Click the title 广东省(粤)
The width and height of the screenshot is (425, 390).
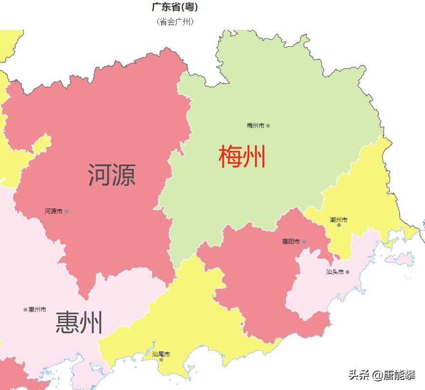[x=175, y=7]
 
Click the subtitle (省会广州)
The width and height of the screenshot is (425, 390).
[x=175, y=22]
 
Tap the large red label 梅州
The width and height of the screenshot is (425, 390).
[x=242, y=157]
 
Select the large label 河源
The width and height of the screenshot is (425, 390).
[x=112, y=175]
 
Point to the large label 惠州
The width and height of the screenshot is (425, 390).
[x=79, y=323]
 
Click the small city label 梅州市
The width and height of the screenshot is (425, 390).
[x=255, y=126]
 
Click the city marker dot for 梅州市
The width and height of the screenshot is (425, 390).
[x=268, y=126]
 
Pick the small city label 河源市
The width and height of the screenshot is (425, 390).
[x=53, y=211]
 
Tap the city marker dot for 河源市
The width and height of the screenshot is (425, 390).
[x=66, y=211]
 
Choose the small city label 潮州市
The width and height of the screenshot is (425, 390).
[x=338, y=220]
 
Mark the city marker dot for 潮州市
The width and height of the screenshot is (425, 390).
[x=339, y=225]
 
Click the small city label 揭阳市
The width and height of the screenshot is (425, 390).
[x=291, y=242]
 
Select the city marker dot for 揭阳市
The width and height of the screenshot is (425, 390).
[x=303, y=242]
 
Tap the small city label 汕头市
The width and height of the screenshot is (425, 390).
[x=335, y=272]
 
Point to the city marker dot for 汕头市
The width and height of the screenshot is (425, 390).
[x=348, y=272]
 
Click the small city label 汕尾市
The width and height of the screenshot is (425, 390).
[x=161, y=354]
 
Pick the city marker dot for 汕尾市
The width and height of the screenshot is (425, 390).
[x=161, y=360]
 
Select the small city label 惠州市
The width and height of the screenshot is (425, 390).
[x=37, y=310]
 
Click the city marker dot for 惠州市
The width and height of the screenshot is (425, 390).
[x=25, y=310]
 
